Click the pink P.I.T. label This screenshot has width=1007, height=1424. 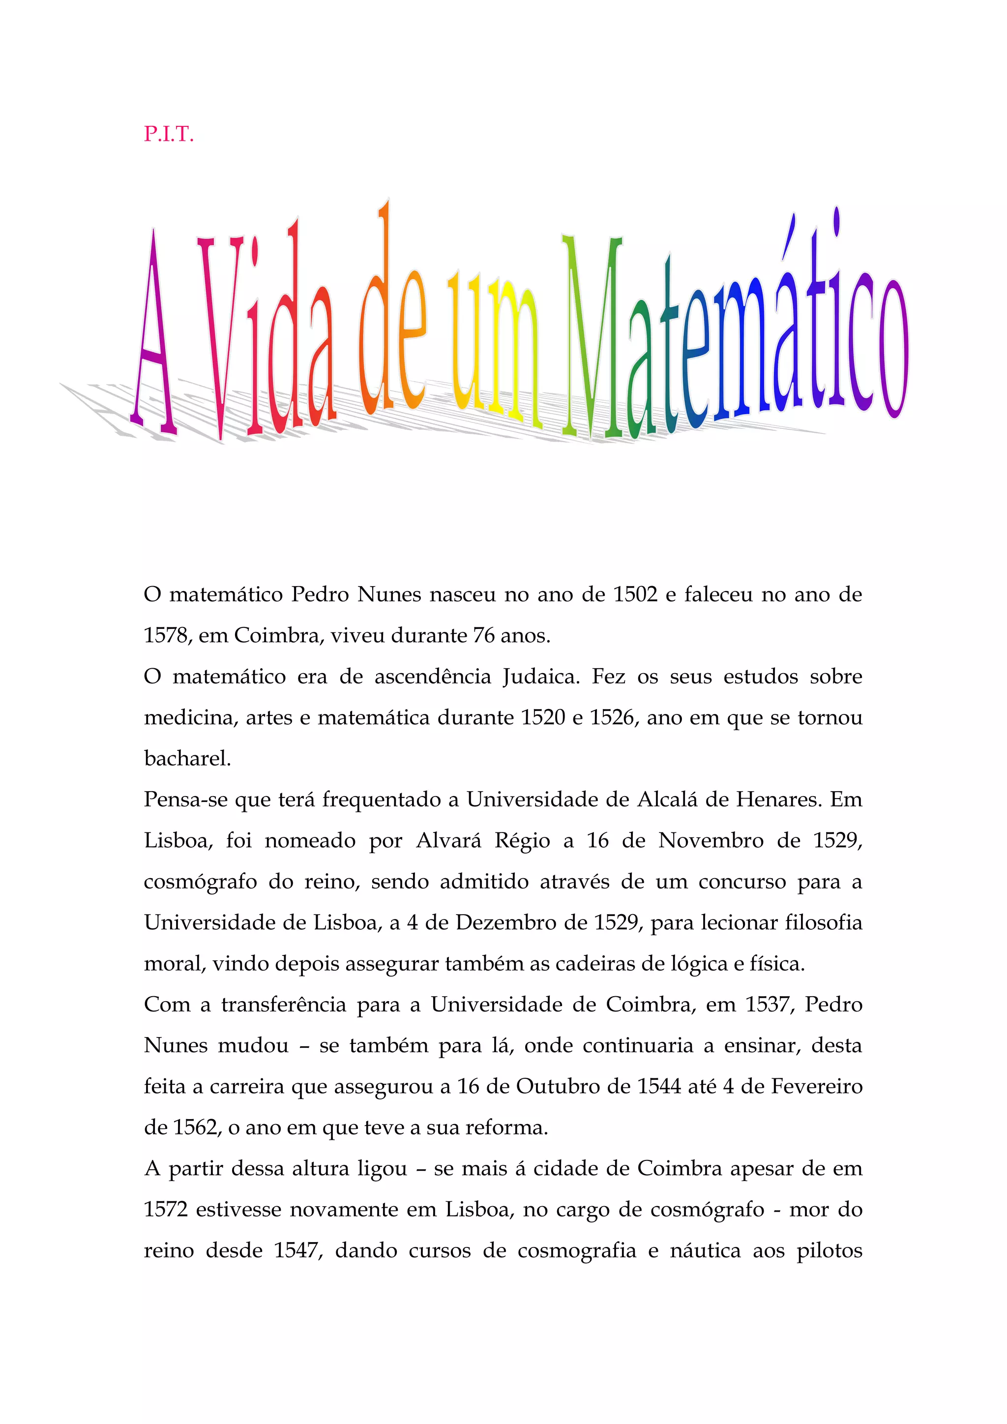click(x=169, y=134)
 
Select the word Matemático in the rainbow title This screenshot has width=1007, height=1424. click(x=735, y=329)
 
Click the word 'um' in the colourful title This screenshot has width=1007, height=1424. click(x=493, y=347)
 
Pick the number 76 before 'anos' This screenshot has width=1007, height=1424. click(x=483, y=635)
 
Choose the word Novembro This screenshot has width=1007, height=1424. click(x=711, y=840)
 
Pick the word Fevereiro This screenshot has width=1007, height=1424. click(x=817, y=1087)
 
